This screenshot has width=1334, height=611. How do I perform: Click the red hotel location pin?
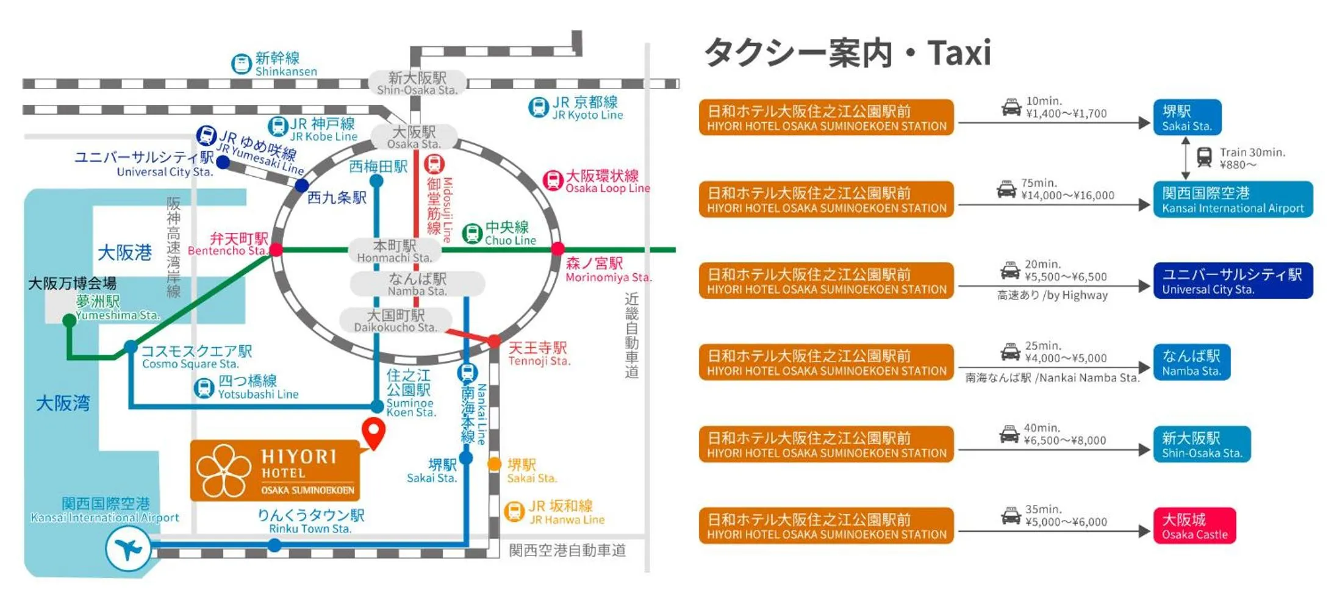point(373,432)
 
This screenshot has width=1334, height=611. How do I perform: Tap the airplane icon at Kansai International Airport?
point(128,549)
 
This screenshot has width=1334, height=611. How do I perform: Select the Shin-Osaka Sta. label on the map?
point(417,84)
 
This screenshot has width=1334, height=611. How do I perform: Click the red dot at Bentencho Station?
point(276,249)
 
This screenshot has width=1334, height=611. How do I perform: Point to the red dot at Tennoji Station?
point(494,340)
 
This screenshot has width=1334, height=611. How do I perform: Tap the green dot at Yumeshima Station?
point(70,320)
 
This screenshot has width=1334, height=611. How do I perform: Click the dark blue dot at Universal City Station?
point(223,162)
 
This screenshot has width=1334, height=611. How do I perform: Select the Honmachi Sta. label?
point(394,251)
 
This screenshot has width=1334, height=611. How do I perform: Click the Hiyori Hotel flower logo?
point(223,470)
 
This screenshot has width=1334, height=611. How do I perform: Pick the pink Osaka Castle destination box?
point(1194,526)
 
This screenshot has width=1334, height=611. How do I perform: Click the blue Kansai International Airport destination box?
point(1232,199)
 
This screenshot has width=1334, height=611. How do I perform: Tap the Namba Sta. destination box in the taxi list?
point(1191,362)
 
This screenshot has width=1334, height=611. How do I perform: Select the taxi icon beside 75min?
point(1006,190)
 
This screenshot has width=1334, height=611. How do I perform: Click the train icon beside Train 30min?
point(1204,157)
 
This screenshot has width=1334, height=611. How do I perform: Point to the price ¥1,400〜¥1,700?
point(1066,114)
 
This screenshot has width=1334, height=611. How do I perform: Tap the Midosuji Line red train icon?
point(434,164)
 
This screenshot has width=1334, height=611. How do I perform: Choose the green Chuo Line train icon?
point(472,233)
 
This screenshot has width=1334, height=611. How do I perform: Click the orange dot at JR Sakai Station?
point(494,465)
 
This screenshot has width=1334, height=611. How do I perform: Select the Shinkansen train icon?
point(242,64)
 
